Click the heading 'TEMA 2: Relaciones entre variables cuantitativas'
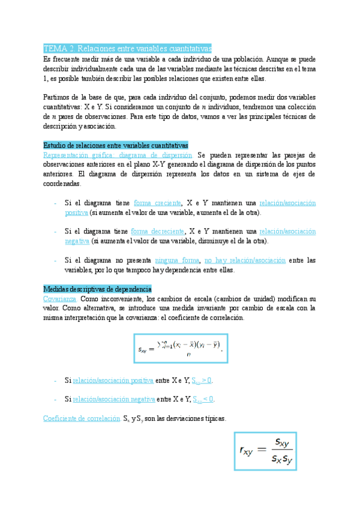click(127, 49)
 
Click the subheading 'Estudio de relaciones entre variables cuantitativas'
click(116, 145)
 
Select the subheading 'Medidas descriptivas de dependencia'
click(98, 289)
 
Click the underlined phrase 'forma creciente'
click(158, 203)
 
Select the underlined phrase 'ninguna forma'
click(177, 261)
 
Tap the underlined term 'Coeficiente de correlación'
click(82, 419)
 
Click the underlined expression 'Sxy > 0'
click(202, 381)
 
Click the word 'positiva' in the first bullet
click(77, 212)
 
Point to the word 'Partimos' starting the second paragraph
click(58, 98)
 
